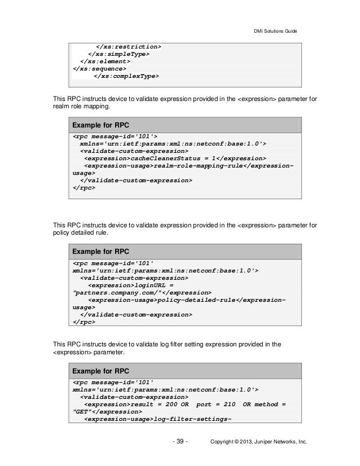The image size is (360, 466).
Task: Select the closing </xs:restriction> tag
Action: (128, 46)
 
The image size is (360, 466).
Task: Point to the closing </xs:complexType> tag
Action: (126, 77)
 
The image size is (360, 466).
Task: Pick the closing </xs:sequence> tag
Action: (99, 69)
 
